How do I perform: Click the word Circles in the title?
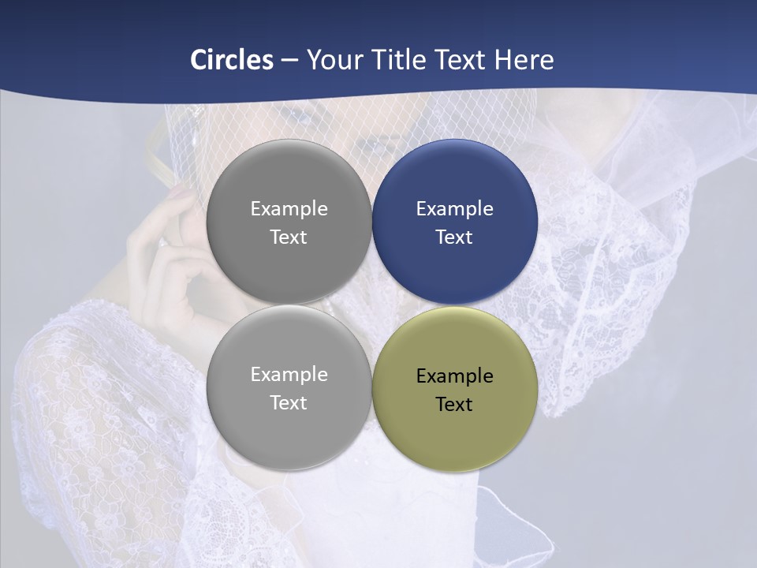232,60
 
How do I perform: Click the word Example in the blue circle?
454,209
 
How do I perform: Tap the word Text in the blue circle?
454,237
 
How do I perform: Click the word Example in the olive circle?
454,376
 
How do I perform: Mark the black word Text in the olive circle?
454,405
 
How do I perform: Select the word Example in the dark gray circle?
289,209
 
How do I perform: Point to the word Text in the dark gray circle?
289,237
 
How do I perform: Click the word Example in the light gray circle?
289,375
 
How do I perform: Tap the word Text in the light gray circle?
289,403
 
